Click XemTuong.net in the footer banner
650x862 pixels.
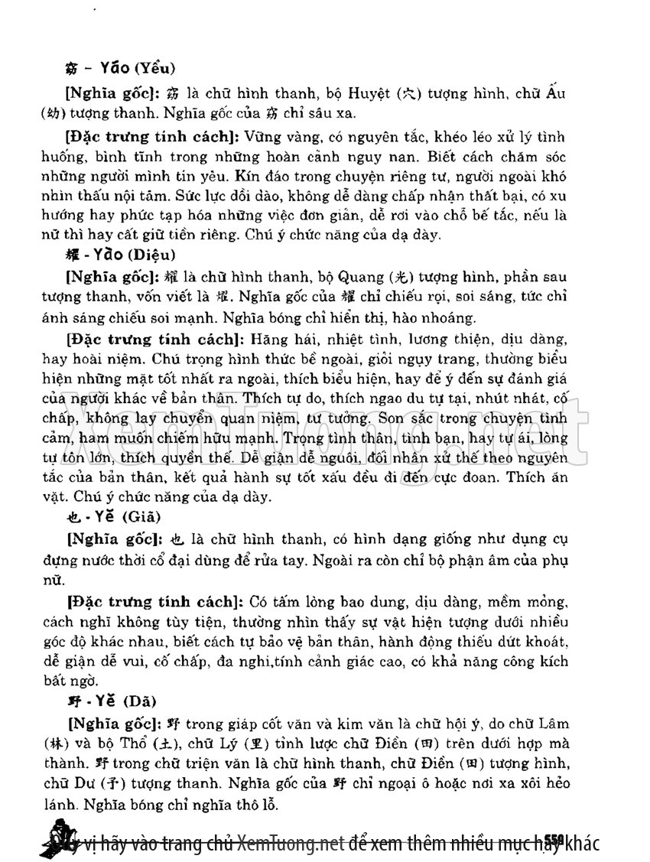[291, 844]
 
